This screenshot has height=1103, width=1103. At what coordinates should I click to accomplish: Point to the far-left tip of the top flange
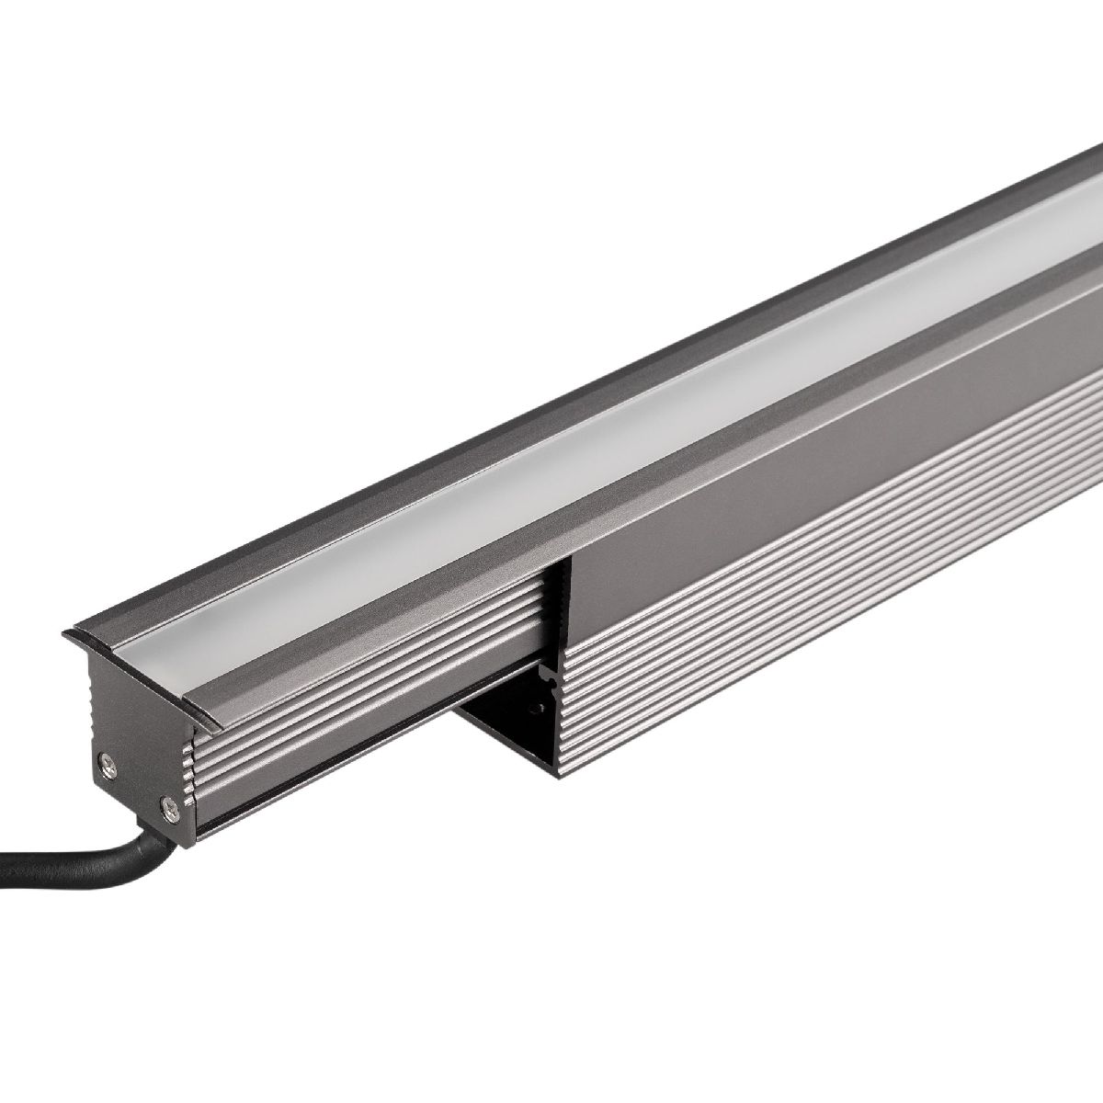(66, 634)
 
